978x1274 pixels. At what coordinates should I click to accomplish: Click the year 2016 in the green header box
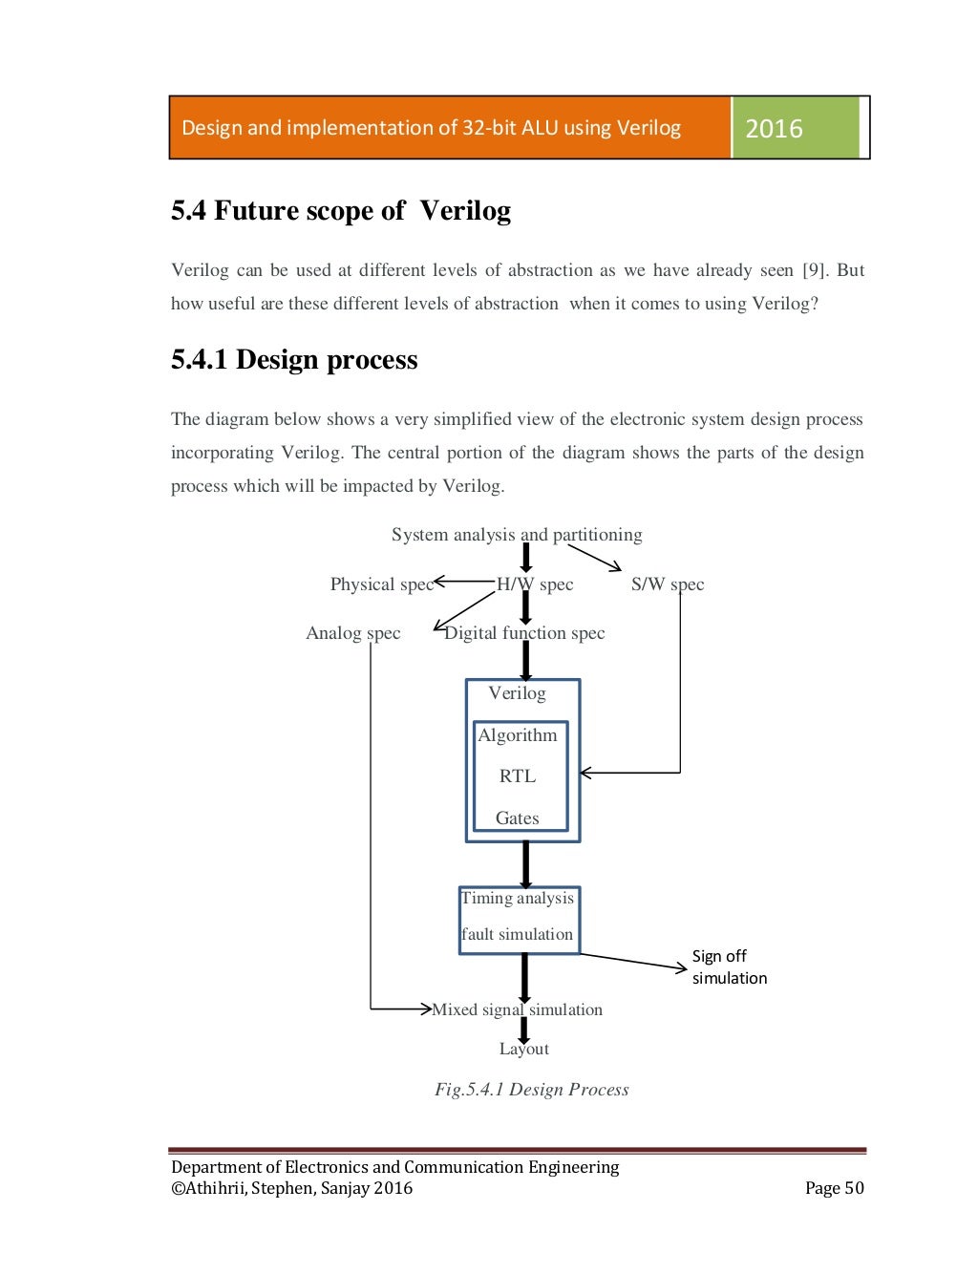click(x=774, y=128)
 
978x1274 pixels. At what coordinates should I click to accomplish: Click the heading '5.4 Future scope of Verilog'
click(x=340, y=210)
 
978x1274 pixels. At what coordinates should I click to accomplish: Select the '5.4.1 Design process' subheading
click(x=294, y=360)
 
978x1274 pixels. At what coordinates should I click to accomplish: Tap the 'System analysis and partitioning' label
click(x=517, y=535)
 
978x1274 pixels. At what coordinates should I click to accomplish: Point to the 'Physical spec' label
click(x=381, y=584)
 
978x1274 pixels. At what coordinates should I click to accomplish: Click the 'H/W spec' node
click(x=535, y=584)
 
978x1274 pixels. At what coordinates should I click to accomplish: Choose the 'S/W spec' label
click(x=667, y=584)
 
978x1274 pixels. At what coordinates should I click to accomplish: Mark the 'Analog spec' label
click(x=352, y=633)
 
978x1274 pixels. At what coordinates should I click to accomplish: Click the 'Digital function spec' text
click(x=524, y=633)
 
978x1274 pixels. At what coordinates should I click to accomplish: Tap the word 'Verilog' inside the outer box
click(x=517, y=693)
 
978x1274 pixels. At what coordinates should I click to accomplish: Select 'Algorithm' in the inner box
click(x=517, y=735)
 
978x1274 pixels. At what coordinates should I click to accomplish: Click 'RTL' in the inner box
click(x=517, y=776)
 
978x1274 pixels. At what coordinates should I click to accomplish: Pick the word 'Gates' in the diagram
click(x=517, y=818)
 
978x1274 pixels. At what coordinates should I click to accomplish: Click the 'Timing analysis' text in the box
click(x=517, y=898)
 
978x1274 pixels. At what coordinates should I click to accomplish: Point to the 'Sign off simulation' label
click(x=729, y=966)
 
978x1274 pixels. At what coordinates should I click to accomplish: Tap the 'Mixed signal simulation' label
click(x=517, y=1009)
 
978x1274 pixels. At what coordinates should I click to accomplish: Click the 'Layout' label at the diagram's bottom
click(x=523, y=1049)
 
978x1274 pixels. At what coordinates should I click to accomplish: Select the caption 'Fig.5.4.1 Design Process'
click(x=531, y=1090)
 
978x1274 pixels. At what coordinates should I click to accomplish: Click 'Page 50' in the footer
click(x=834, y=1188)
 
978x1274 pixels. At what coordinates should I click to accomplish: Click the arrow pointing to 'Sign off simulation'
click(x=634, y=961)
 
